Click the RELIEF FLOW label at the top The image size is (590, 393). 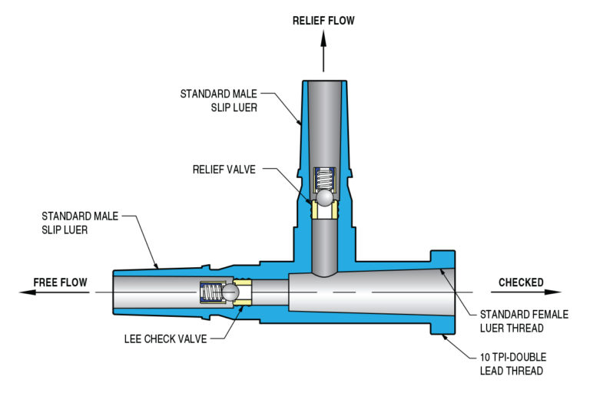point(323,21)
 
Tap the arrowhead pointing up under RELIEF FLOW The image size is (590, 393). point(323,40)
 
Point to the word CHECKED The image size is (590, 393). point(521,282)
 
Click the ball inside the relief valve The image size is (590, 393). point(323,198)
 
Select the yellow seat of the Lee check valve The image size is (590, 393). point(245,292)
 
